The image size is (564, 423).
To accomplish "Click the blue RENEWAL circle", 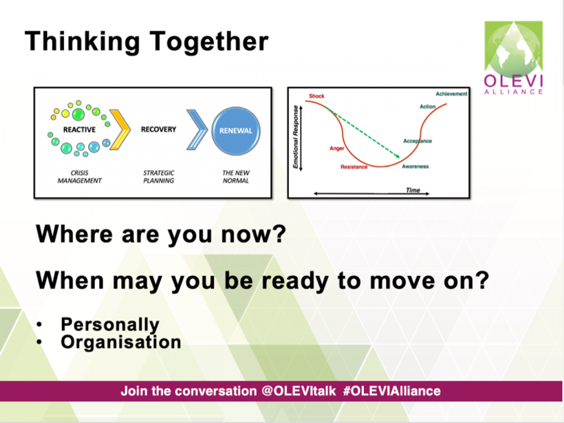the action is [236, 131].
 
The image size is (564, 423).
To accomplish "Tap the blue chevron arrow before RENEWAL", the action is [197, 130].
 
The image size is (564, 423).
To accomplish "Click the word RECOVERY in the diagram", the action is [159, 130].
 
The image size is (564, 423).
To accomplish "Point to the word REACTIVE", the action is [79, 130].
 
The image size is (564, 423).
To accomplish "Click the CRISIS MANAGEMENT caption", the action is [79, 176].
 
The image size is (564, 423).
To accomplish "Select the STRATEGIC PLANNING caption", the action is [159, 176].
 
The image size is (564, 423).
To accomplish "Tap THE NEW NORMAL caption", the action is [236, 176].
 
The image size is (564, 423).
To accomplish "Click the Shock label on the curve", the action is [316, 96].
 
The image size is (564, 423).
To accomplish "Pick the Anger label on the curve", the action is [337, 148].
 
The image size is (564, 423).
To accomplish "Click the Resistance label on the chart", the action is [354, 167].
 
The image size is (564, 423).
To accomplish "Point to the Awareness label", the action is [415, 166].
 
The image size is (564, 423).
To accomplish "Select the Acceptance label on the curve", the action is [418, 141].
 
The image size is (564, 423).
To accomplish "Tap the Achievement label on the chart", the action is [452, 94].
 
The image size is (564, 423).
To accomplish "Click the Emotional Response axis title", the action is [296, 137].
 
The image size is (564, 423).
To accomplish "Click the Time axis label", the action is [413, 190].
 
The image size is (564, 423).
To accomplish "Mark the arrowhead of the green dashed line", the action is [398, 156].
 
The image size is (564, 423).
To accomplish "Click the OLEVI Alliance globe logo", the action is [513, 58].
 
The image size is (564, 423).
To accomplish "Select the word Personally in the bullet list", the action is [110, 325].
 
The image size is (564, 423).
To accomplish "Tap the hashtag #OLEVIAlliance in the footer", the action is [391, 391].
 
